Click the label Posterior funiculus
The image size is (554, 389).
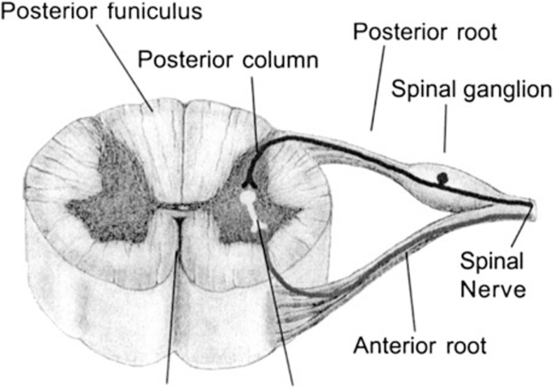101,14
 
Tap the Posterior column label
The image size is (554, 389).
229,60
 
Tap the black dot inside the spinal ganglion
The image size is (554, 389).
442,177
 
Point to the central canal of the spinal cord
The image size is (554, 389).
180,209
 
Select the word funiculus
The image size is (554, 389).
155,14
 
